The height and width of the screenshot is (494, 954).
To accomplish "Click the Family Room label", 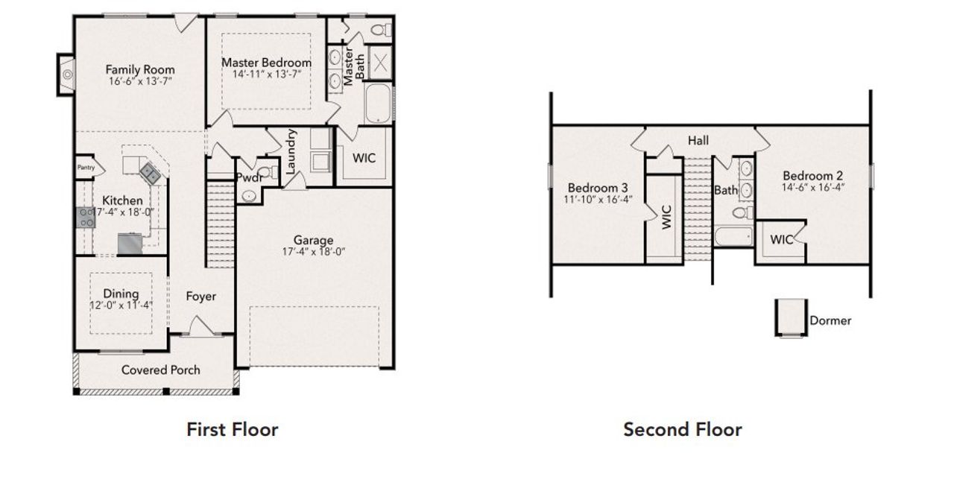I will pos(140,69).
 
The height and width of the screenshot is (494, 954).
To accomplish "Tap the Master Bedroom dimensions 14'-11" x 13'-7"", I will pos(266,75).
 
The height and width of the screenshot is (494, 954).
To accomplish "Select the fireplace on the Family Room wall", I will pos(66,75).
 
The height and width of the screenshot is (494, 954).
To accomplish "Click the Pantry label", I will pos(86,168).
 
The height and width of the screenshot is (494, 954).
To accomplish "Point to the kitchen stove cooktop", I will pos(84,218).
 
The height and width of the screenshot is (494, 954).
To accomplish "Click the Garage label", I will pos(313,240).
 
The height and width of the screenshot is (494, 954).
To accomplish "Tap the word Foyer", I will pos(200,297).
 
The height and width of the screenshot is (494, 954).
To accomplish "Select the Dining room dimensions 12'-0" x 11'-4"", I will pos(121,305).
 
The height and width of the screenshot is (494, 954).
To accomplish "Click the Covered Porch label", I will pos(160,370).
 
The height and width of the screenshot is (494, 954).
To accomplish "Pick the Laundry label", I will pos(291,152).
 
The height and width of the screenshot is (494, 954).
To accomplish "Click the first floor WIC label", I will pos(364,158).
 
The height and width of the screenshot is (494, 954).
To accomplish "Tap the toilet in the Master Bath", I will pos(379,31).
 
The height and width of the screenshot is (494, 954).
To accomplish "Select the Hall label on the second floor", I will pos(698,140).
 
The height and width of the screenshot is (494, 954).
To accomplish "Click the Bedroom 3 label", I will pos(597,187).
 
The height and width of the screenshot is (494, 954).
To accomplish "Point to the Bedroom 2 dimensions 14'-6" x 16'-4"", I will pos(812,187).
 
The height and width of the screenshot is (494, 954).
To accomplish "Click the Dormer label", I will pos(830,320).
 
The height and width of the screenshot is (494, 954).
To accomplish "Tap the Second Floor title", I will pos(682,429).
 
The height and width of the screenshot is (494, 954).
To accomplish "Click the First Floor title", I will pos(232,429).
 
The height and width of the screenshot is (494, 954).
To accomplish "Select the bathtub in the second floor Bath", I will pos(733,238).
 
